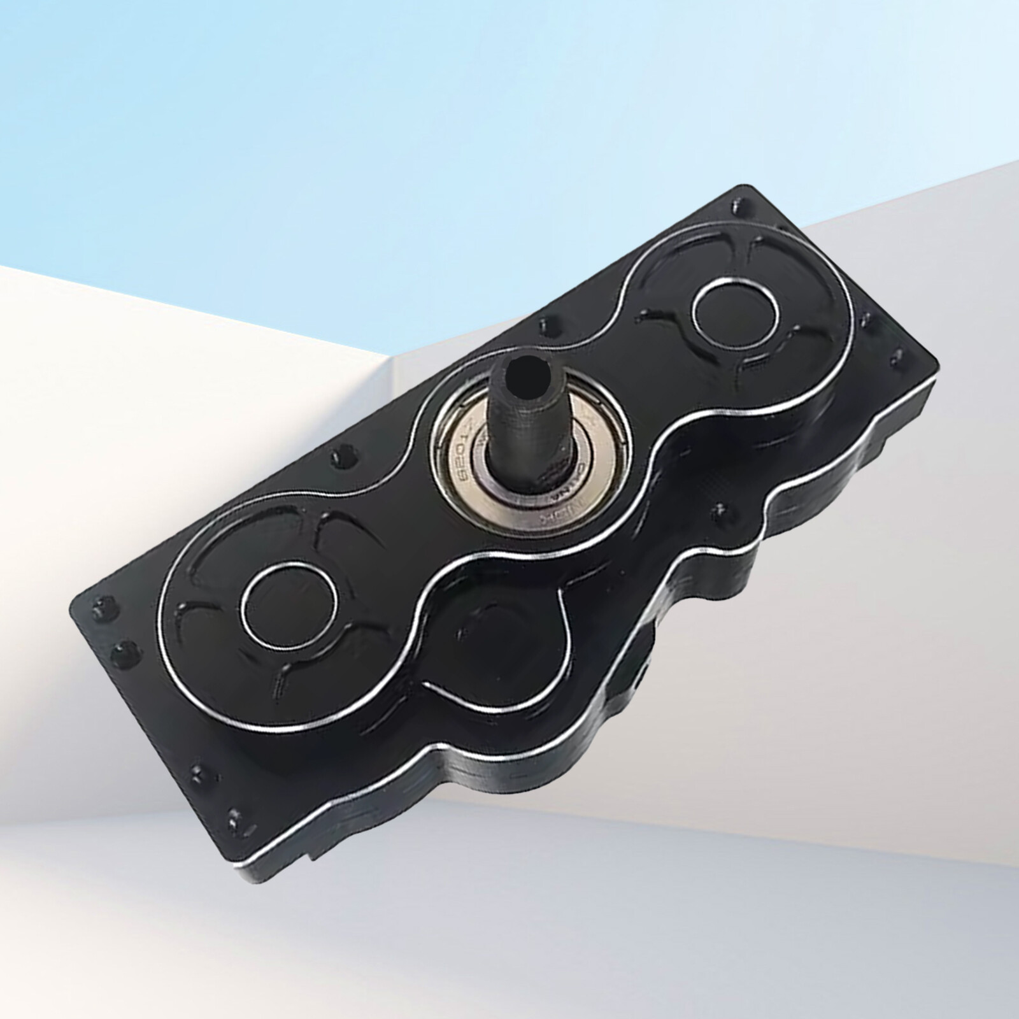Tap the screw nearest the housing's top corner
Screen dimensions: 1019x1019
[x=739, y=207]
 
